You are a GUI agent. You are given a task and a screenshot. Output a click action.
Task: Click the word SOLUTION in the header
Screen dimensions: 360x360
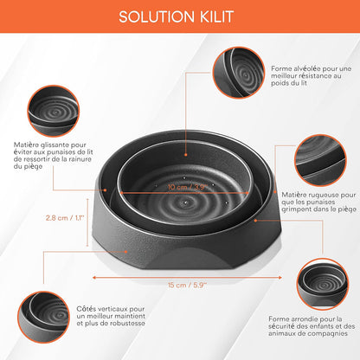(x=157, y=16)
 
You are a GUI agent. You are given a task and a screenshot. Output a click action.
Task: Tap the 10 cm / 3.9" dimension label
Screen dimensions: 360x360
(x=188, y=187)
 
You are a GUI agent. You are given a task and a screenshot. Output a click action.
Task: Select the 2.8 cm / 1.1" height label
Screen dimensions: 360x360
(x=65, y=217)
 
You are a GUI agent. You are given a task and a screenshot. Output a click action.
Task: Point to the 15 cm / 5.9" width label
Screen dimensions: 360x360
(x=188, y=285)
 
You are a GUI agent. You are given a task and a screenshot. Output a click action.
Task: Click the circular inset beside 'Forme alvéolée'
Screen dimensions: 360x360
(x=239, y=73)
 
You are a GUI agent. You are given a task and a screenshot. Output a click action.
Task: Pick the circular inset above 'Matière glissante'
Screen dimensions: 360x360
(x=54, y=111)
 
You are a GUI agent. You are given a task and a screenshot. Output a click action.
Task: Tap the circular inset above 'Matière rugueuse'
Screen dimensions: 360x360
(x=320, y=160)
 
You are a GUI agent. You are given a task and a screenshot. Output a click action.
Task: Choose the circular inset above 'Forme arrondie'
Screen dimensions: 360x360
(x=323, y=284)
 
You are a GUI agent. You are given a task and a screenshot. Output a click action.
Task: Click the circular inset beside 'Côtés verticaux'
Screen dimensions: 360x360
(x=43, y=318)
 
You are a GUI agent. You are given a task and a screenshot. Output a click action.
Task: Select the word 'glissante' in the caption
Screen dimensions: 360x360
(x=55, y=145)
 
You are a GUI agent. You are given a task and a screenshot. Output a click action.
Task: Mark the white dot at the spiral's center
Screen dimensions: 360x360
(x=185, y=202)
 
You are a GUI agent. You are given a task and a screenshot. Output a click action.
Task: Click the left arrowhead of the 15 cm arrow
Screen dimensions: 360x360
(x=94, y=278)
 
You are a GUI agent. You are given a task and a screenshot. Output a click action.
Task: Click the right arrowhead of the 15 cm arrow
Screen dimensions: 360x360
(x=280, y=278)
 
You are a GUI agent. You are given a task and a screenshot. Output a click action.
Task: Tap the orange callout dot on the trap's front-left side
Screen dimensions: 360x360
(x=125, y=252)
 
